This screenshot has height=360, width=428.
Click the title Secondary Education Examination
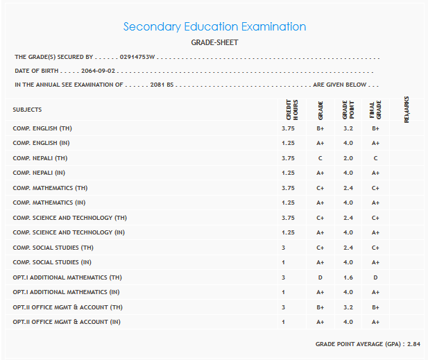click(x=214, y=27)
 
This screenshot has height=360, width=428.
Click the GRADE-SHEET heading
click(x=214, y=42)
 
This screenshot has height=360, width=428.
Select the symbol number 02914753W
click(x=137, y=57)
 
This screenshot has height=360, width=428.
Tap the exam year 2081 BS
click(x=162, y=85)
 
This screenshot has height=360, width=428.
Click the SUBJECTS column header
click(x=27, y=110)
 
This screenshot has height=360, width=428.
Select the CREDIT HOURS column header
click(x=292, y=110)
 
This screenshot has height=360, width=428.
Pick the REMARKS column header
click(x=406, y=110)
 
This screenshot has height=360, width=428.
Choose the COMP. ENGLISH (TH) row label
click(x=42, y=128)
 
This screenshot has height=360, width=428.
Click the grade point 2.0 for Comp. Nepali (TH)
click(x=348, y=158)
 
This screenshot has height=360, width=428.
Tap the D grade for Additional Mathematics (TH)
click(x=320, y=277)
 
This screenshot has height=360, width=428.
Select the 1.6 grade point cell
click(x=348, y=277)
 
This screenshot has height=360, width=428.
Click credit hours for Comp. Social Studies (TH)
click(x=284, y=248)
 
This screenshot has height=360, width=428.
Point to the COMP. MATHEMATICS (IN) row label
click(x=50, y=203)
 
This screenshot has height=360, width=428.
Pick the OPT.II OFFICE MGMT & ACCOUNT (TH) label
click(x=67, y=307)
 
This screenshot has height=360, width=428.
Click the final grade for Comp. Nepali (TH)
click(x=375, y=158)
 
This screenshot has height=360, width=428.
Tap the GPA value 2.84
click(x=413, y=344)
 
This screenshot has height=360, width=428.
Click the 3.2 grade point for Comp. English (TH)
click(x=348, y=128)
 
